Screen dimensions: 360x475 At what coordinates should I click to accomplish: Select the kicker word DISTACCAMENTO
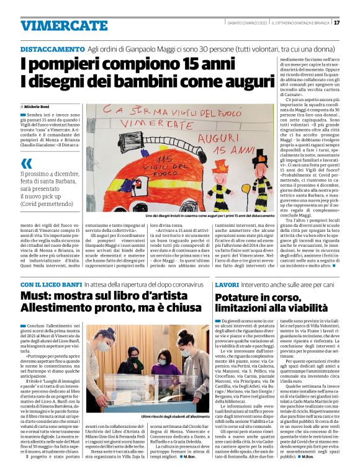click(x=52, y=49)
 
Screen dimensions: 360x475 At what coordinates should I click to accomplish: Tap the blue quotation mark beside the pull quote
click(x=27, y=164)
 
